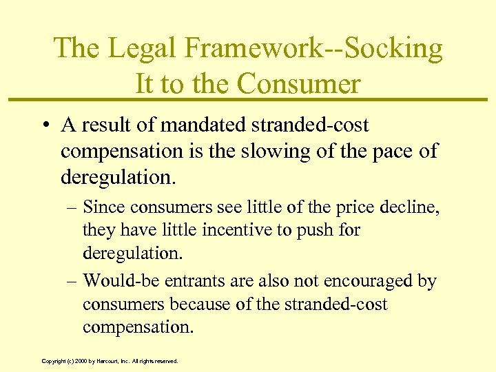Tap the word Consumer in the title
299,83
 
